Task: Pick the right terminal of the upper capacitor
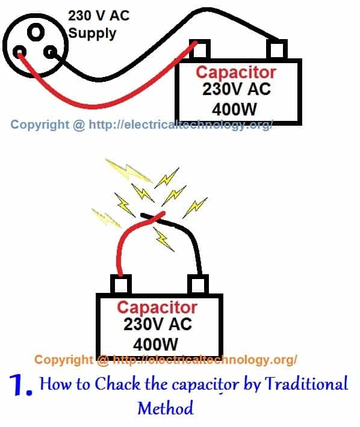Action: pos(278,48)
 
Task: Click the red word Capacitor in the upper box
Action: pos(236,73)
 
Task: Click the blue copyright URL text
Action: pos(142,124)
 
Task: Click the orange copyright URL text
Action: pos(166,360)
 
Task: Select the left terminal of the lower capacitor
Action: pos(121,283)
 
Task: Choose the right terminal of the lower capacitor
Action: pos(197,283)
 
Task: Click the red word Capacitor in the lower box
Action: pos(157,307)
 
